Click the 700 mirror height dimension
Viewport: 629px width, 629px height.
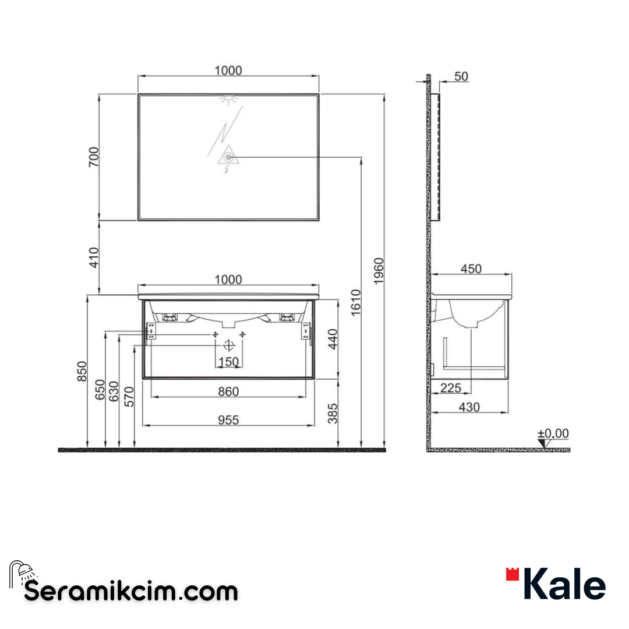[93, 157]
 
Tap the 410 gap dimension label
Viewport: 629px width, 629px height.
[93, 257]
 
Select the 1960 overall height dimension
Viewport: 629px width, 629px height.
[379, 271]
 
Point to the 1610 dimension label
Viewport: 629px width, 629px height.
[356, 302]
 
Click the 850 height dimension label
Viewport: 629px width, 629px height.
[82, 372]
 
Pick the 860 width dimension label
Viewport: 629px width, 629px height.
[228, 391]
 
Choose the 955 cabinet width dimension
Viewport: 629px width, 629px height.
[228, 420]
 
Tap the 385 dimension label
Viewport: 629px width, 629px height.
[333, 414]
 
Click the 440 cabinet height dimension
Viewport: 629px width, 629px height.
[333, 339]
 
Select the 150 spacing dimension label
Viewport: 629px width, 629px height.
[229, 362]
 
